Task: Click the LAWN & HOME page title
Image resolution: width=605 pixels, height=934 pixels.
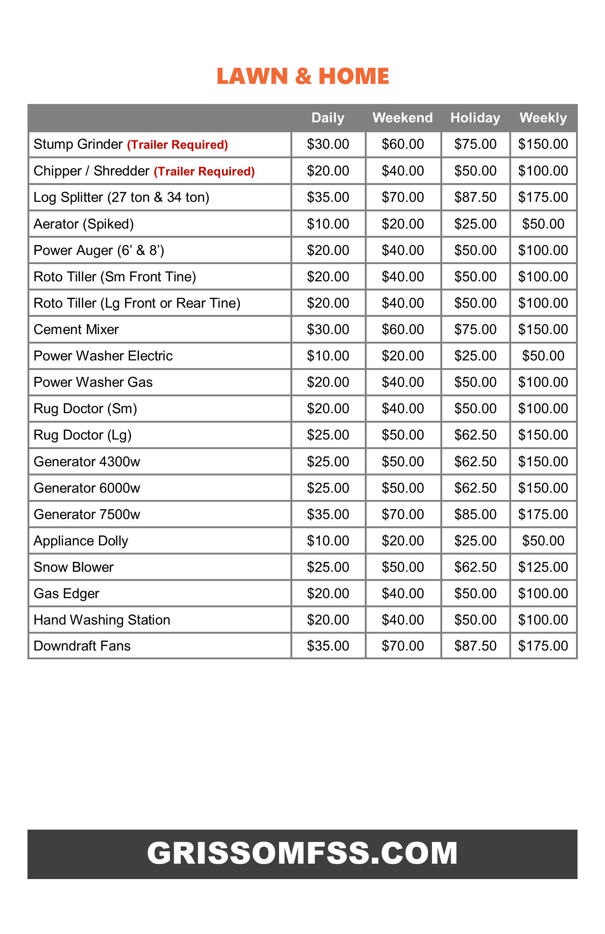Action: [302, 76]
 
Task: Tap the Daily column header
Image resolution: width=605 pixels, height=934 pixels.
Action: [328, 118]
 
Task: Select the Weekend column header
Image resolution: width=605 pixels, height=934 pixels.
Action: [402, 118]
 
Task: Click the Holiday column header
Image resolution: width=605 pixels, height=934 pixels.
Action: [475, 118]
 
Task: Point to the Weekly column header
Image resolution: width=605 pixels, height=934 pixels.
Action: [543, 118]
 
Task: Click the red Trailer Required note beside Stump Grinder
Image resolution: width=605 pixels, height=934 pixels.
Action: [177, 145]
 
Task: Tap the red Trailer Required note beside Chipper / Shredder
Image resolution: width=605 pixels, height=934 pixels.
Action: [204, 171]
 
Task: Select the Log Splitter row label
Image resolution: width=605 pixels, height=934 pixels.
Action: [121, 197]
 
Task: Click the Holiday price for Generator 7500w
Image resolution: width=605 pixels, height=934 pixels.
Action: [475, 515]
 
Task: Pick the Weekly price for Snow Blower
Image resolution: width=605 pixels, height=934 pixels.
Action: [543, 567]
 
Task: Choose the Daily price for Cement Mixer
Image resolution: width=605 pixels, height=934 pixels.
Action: [328, 330]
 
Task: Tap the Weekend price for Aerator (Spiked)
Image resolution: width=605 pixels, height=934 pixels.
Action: [403, 224]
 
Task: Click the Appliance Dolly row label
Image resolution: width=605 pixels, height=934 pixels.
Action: [81, 541]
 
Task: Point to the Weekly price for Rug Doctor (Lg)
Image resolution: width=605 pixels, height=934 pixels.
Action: [543, 435]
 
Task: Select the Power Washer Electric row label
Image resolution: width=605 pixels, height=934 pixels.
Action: [103, 356]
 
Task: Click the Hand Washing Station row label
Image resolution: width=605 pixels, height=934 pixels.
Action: [102, 620]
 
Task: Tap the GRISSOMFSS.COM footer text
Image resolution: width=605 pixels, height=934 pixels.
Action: [302, 853]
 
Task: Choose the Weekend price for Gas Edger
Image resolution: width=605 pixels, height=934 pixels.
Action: [403, 594]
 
